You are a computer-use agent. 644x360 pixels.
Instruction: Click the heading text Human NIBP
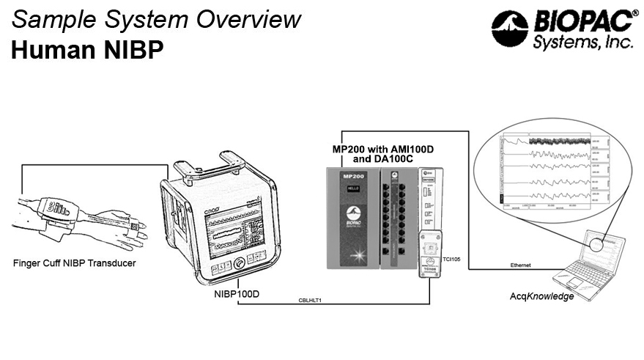85,50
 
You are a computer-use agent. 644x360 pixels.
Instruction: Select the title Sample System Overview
156,18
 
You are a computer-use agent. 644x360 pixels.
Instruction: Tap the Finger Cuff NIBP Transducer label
75,261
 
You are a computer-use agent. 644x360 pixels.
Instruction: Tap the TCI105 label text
451,260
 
